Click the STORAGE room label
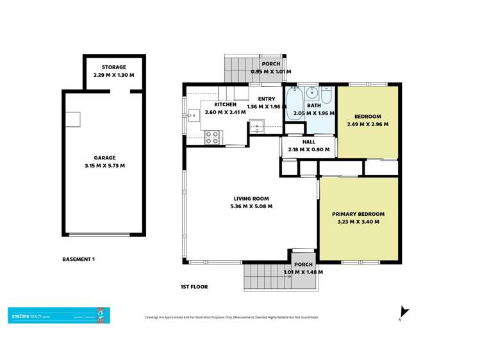click(114, 67)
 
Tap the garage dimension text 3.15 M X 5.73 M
click(104, 165)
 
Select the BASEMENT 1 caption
click(79, 259)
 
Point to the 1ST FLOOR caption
click(194, 287)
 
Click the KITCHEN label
click(226, 104)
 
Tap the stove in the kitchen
click(212, 136)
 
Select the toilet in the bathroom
click(326, 97)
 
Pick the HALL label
click(309, 142)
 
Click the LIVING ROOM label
click(249, 199)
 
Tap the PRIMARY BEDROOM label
click(358, 214)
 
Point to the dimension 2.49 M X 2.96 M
click(367, 124)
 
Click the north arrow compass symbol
click(403, 313)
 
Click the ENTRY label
click(267, 99)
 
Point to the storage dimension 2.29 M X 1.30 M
click(114, 75)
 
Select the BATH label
click(314, 106)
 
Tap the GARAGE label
click(104, 158)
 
